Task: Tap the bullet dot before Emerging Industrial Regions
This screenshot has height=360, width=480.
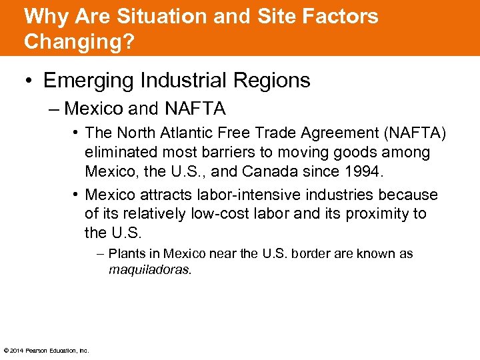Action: click(x=29, y=81)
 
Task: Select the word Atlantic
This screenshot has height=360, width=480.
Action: click(x=187, y=134)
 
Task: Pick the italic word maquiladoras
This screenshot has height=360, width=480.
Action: click(x=150, y=270)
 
